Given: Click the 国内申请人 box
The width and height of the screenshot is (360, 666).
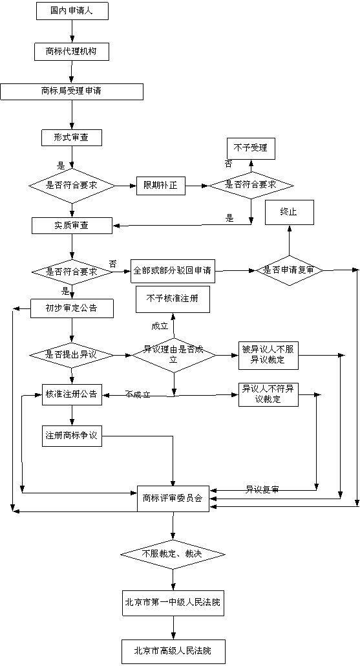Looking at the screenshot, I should [x=71, y=12].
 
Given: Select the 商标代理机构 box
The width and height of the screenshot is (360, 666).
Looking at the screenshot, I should [x=71, y=50].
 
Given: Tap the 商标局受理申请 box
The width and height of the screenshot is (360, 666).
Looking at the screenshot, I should [x=71, y=91].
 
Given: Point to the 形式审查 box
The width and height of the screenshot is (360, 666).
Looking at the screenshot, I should [x=71, y=137].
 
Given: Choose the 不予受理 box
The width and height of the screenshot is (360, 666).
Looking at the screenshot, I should [x=250, y=148].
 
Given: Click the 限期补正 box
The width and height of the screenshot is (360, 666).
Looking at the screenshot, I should [x=160, y=186].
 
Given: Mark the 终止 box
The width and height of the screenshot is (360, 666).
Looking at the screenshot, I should [x=288, y=212].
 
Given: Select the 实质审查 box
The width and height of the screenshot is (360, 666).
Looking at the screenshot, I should [x=72, y=225].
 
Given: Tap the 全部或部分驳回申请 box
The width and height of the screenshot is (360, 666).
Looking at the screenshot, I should [x=173, y=270].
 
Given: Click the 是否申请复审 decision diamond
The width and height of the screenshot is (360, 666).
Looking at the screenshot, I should [x=289, y=270].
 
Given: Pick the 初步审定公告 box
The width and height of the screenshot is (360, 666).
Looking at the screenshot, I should [x=72, y=308].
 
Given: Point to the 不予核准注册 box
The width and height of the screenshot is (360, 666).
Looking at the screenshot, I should [x=173, y=298].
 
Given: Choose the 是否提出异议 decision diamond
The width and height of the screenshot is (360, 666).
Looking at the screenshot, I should [x=72, y=354].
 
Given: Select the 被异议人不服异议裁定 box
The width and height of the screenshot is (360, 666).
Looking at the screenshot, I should [x=268, y=354].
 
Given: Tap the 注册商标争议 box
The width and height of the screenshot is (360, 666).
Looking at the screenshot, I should [x=71, y=436].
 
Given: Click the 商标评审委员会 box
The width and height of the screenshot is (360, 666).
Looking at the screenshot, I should [x=173, y=498].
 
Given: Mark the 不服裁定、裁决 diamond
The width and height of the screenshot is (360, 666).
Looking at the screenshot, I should [x=173, y=554].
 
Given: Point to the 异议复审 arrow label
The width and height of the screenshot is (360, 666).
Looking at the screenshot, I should [x=262, y=489].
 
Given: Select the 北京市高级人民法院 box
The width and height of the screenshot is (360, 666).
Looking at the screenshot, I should [x=173, y=650].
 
